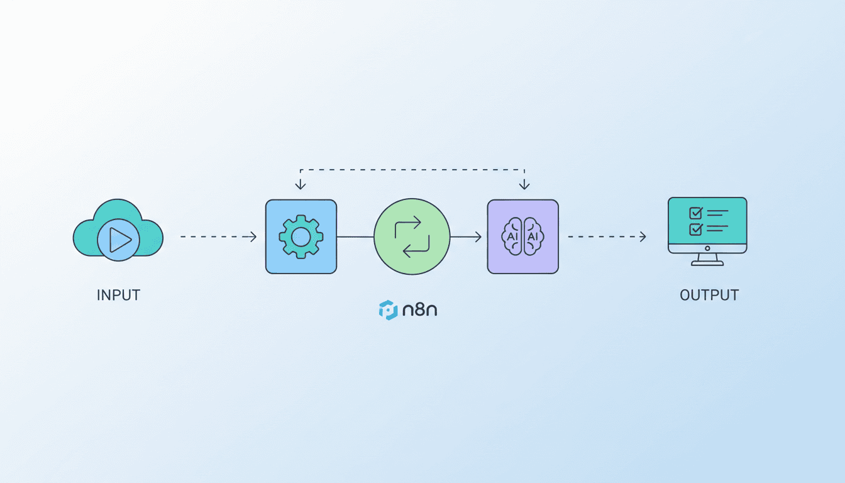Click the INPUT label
[x=118, y=295]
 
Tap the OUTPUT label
[x=709, y=295]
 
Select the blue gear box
[x=301, y=236]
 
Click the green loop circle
[x=412, y=236]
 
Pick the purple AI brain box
[x=522, y=236]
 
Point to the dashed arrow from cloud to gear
[x=218, y=236]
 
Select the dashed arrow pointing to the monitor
[x=606, y=236]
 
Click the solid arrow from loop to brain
[x=467, y=236]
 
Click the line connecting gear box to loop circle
[x=355, y=236]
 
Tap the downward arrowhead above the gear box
[x=301, y=186]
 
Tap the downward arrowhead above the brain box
[x=524, y=186]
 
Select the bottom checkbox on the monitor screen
[x=695, y=229]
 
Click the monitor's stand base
[x=707, y=263]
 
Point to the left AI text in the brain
[x=511, y=236]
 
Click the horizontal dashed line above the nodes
[x=412, y=169]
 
